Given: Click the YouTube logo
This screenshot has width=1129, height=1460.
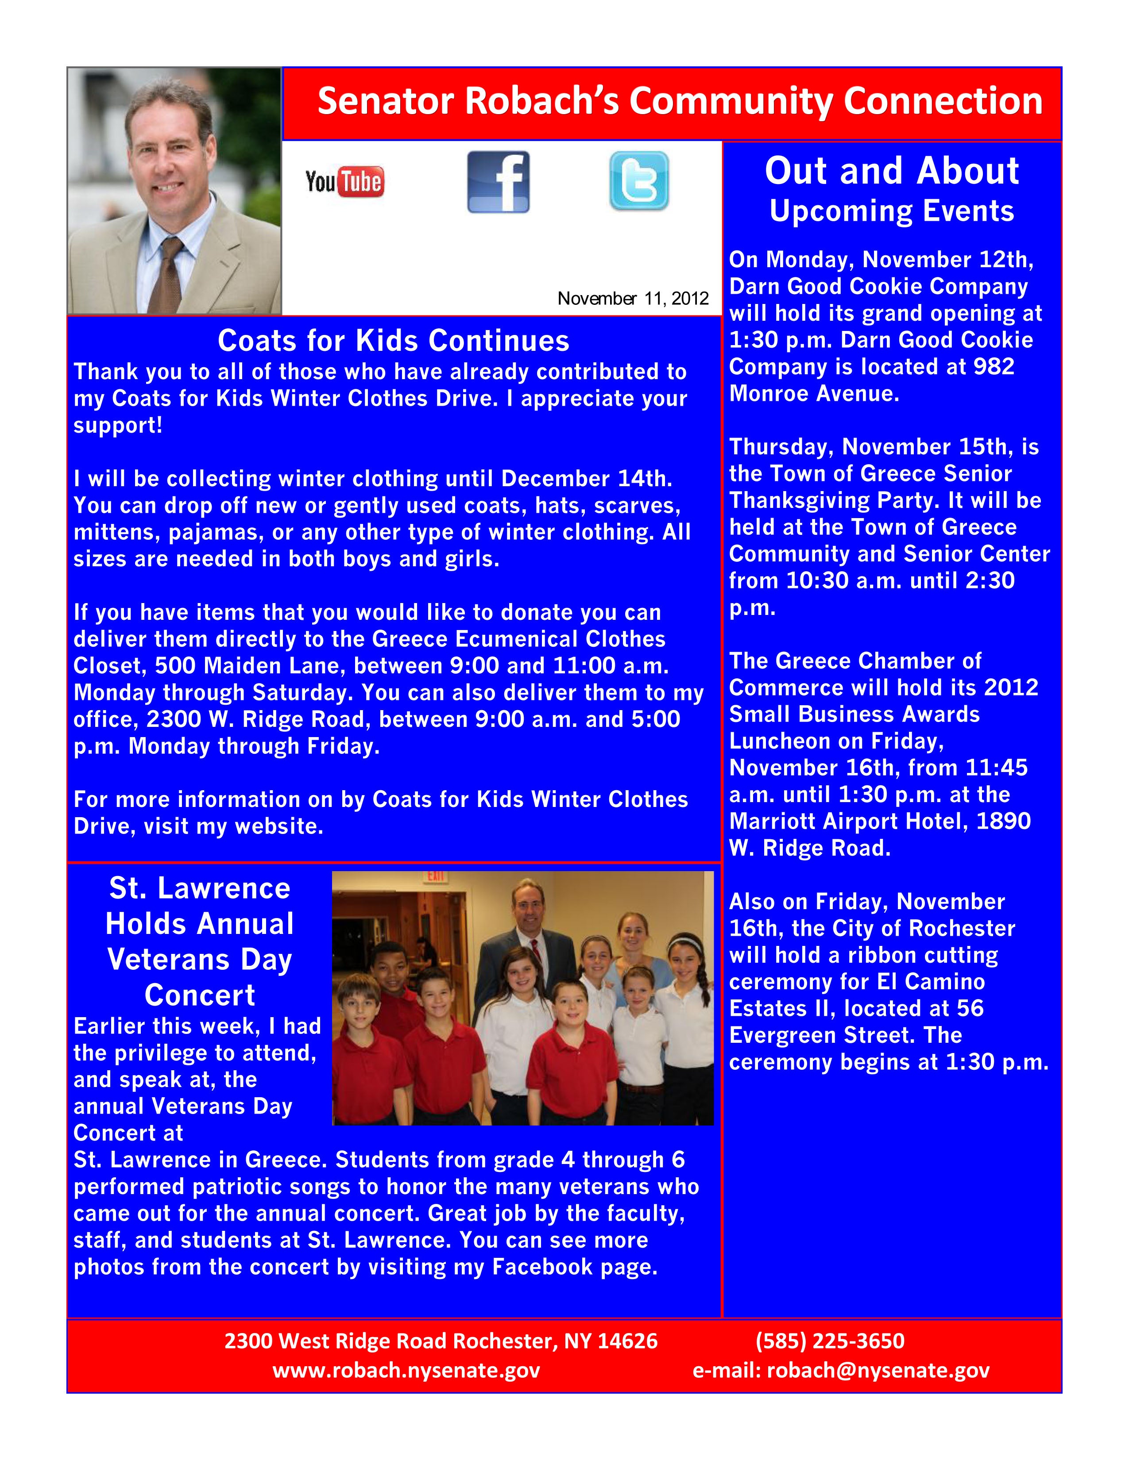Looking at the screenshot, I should [x=344, y=182].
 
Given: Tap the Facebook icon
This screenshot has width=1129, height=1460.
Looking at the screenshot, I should [x=498, y=182].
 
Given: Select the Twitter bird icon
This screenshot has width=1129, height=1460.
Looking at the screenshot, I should [x=639, y=181].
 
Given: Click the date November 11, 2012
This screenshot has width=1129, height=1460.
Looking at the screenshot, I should [x=633, y=298].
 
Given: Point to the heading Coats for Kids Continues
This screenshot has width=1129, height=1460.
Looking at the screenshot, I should [x=393, y=341].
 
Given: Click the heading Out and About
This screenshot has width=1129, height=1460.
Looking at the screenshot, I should [x=892, y=171].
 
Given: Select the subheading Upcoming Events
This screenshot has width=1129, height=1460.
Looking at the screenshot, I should [x=892, y=211].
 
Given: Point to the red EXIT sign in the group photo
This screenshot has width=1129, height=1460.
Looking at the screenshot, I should [x=435, y=876].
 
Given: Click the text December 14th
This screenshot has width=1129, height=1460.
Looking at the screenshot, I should [x=587, y=479].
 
